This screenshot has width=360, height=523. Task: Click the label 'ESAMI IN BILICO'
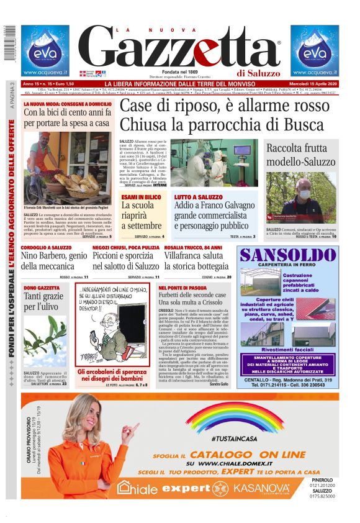tap(141, 196)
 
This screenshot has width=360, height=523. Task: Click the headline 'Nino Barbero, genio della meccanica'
tap(54, 260)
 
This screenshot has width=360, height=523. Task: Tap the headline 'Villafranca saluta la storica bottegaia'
tap(197, 260)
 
